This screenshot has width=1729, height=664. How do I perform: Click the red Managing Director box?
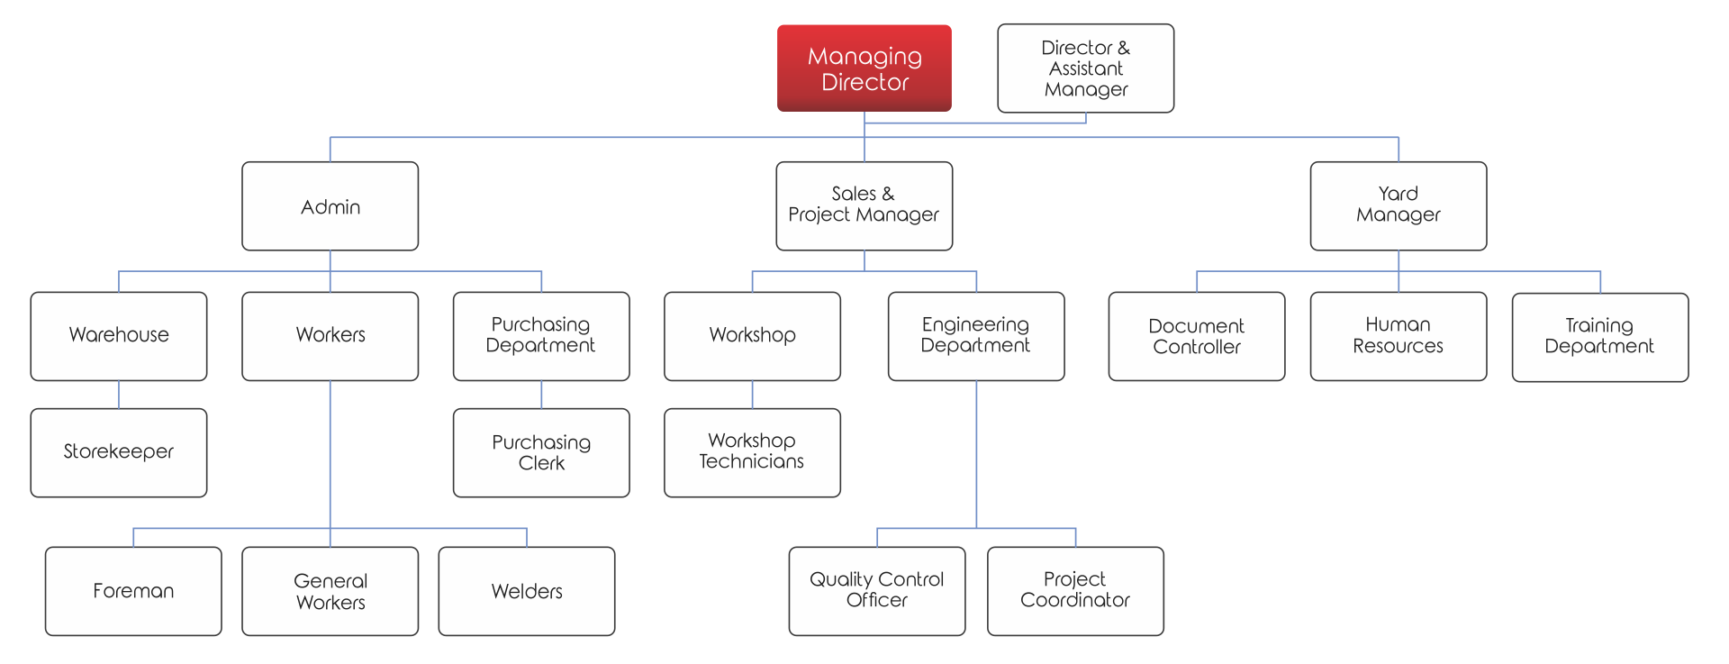(864, 68)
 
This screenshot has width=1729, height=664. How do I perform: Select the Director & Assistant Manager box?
(1085, 68)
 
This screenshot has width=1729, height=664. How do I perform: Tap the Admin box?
(330, 206)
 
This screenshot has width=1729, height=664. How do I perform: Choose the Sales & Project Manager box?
(864, 205)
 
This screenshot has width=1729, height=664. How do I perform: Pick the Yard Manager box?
(1398, 205)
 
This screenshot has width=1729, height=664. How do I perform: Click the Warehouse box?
(119, 335)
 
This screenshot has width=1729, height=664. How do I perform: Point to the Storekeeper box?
(119, 452)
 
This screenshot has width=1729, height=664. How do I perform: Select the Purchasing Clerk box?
(541, 452)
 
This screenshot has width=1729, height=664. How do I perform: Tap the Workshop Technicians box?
(752, 452)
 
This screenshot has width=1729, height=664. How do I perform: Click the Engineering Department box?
(975, 335)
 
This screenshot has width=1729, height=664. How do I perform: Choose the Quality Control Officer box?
(876, 590)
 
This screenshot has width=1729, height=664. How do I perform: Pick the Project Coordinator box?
(1075, 590)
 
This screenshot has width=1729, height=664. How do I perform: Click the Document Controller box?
(1196, 336)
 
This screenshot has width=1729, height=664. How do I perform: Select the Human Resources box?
(1398, 336)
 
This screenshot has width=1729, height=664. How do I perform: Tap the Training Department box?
(1599, 336)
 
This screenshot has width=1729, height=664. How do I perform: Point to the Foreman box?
(133, 591)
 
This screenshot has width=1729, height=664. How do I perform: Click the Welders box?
(527, 591)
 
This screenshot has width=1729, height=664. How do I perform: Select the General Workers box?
(330, 591)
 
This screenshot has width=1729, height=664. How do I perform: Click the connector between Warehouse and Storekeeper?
(119, 395)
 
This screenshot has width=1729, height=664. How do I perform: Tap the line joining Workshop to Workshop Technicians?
(752, 395)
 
